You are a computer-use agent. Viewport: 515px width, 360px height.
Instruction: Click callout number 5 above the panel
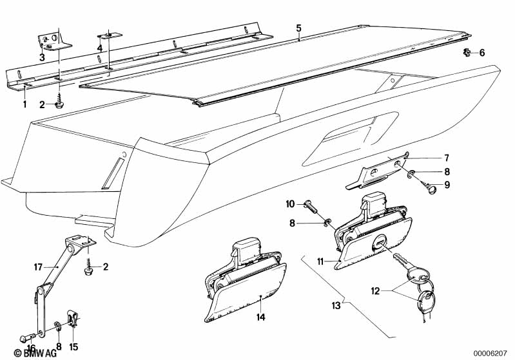click(x=298, y=28)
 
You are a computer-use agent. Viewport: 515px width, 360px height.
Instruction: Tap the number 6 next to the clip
click(x=482, y=53)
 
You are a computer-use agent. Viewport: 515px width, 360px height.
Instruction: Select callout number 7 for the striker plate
click(x=447, y=158)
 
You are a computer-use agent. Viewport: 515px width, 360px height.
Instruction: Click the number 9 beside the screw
click(x=447, y=185)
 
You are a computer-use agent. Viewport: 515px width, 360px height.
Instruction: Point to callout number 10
click(x=290, y=204)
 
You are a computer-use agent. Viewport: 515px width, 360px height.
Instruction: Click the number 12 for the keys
click(x=375, y=290)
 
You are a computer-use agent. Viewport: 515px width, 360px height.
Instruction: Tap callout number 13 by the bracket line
click(x=336, y=305)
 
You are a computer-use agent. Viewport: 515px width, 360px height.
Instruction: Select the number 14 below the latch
click(x=261, y=317)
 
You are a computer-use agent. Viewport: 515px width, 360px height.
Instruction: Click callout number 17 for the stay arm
click(x=38, y=267)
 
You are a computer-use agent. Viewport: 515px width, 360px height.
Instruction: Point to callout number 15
click(x=73, y=346)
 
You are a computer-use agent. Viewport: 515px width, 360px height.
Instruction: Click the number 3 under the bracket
click(x=42, y=58)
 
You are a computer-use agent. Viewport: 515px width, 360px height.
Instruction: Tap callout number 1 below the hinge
click(x=24, y=104)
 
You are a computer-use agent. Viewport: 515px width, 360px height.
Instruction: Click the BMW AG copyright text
click(x=35, y=353)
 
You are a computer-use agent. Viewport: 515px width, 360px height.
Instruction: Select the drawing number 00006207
click(x=490, y=354)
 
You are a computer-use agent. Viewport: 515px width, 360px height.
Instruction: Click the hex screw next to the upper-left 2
click(x=60, y=105)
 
